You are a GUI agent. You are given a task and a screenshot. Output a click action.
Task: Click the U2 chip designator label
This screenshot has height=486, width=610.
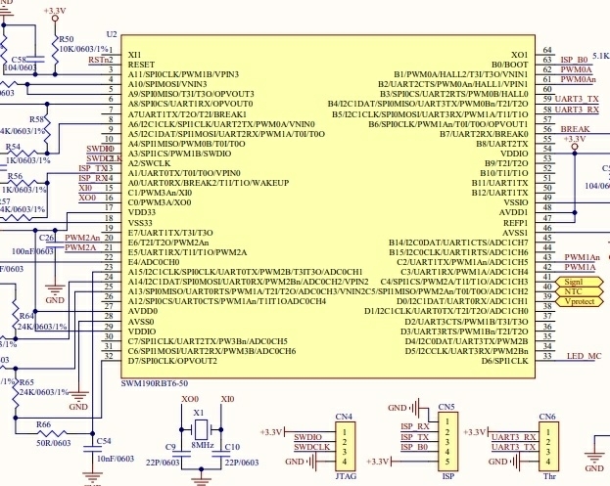[x=111, y=34]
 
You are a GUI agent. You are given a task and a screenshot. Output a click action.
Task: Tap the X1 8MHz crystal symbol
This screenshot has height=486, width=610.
[x=200, y=429]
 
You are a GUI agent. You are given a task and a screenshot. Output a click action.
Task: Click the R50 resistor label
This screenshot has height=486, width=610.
[x=66, y=39]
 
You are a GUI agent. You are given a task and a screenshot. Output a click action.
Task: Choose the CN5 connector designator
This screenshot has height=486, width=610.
[x=446, y=406]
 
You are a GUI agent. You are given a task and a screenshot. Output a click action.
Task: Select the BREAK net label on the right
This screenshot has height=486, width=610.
[x=575, y=129]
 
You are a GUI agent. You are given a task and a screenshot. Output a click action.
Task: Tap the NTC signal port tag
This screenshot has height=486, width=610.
[x=574, y=290]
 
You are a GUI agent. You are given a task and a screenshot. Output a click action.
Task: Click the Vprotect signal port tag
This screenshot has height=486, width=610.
[x=580, y=301]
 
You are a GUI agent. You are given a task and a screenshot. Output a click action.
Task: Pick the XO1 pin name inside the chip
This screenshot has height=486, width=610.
[x=518, y=54]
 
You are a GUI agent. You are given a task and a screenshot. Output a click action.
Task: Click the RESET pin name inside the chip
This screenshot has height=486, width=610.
[x=141, y=64]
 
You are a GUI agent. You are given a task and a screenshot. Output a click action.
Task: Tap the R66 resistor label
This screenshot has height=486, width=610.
[x=45, y=424]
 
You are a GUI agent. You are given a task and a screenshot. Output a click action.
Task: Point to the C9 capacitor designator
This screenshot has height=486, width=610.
[x=170, y=447]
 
